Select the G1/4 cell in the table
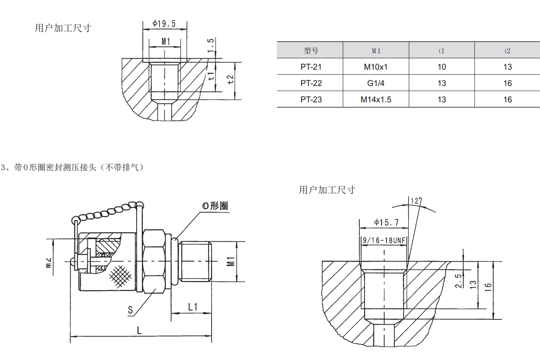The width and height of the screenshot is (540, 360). click(x=376, y=83)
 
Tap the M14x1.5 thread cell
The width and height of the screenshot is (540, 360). click(x=376, y=100)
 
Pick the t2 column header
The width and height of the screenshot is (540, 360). click(x=507, y=51)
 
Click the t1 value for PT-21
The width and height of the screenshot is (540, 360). click(x=442, y=67)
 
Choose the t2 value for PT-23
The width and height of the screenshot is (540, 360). click(x=507, y=100)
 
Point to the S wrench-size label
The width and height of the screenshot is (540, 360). click(x=130, y=310)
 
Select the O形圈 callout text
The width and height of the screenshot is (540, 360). click(x=215, y=206)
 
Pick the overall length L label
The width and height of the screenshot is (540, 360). click(x=139, y=330)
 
